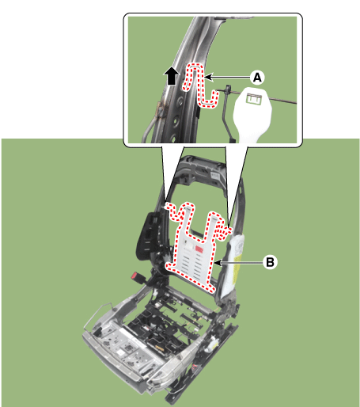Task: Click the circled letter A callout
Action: tap(257, 78)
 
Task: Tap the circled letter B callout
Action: tap(270, 262)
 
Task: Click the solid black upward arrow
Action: tap(172, 76)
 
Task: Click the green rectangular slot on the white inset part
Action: tap(253, 99)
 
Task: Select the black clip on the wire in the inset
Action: tap(228, 90)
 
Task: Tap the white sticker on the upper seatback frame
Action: tap(217, 176)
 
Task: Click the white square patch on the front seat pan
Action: tap(122, 352)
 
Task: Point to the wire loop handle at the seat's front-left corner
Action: tap(97, 315)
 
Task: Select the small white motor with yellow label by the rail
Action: tap(211, 345)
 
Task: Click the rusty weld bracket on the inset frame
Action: tap(161, 109)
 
